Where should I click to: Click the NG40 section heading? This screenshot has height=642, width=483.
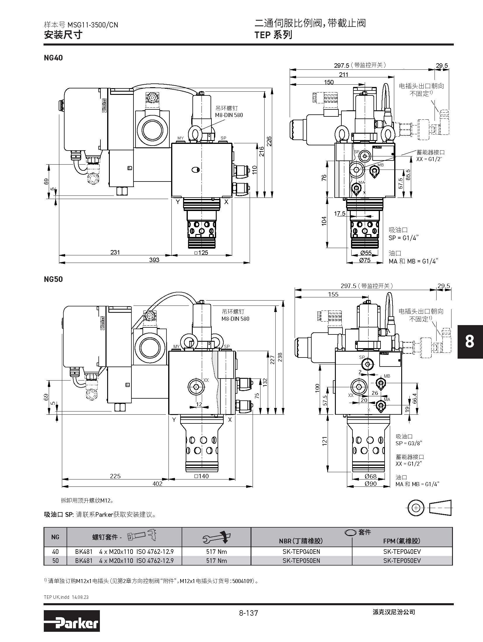point(53,58)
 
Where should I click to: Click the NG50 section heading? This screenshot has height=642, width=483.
point(53,279)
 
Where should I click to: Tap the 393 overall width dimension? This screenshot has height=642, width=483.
point(154,260)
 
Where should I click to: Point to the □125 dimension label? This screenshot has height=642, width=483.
point(201,252)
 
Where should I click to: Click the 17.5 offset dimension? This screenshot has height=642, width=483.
point(340,214)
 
